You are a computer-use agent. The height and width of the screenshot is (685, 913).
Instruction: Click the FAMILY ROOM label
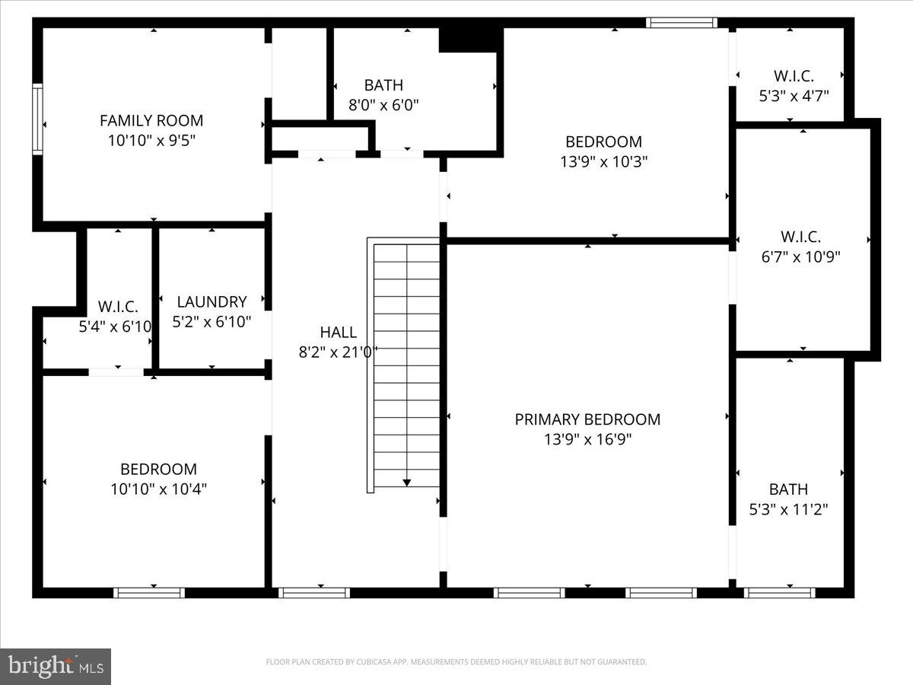[x=151, y=120]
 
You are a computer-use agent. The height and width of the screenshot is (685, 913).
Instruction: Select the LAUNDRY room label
[x=212, y=301]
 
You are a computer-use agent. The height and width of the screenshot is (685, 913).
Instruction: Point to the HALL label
[x=338, y=332]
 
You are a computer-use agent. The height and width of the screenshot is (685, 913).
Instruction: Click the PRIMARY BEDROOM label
[x=587, y=419]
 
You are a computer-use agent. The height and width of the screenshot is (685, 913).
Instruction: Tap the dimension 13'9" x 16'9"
[x=587, y=439]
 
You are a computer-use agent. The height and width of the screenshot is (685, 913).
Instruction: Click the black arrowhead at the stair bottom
[x=407, y=482]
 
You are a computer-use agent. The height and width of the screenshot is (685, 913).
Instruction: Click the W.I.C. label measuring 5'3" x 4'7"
[x=794, y=76]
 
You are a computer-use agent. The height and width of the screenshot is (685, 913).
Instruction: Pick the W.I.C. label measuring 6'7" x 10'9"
[x=800, y=237]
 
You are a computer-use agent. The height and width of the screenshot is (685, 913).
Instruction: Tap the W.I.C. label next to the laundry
[x=118, y=307]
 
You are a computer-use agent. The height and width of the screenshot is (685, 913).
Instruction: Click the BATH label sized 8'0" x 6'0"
[x=383, y=85]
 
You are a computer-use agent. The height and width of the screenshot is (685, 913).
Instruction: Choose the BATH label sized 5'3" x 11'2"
[x=788, y=489]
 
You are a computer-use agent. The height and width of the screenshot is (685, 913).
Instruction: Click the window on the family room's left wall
[x=37, y=120]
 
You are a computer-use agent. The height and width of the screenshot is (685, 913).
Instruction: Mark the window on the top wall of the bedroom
[x=681, y=23]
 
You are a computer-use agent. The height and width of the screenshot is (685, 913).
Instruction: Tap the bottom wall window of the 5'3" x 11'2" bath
[x=780, y=592]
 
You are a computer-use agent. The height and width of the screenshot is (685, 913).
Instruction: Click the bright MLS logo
[x=56, y=667]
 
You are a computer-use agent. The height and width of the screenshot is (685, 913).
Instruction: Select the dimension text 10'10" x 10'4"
[x=158, y=489]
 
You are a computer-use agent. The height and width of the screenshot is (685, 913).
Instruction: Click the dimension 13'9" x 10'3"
[x=603, y=161]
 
